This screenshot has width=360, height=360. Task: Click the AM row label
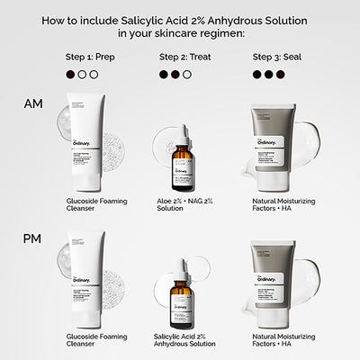coord(31,104)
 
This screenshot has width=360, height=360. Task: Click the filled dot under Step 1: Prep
coord(70,76)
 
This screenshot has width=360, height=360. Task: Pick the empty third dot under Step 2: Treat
coord(187,76)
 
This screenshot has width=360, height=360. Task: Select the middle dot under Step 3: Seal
coord(268,76)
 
